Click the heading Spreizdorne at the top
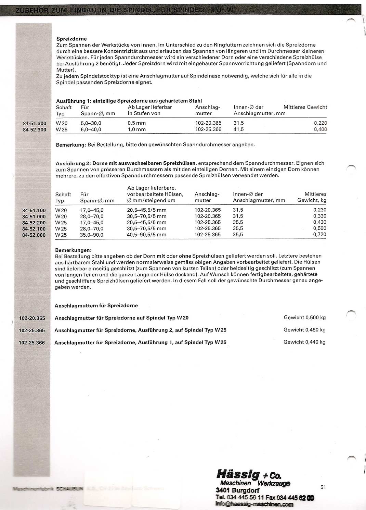pos(71,39)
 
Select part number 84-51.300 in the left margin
pos(34,123)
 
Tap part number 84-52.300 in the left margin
pos(34,129)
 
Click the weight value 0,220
pos(320,123)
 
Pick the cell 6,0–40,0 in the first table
pos(91,129)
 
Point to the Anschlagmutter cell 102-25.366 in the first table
pos(208,129)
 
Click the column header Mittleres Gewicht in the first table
pos(305,107)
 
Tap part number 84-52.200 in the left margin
pos(34,223)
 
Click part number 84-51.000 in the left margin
pos(34,216)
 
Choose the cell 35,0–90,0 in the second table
pos(92,235)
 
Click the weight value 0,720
pos(319,235)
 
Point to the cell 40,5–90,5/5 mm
pos(146,235)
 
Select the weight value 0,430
pos(319,222)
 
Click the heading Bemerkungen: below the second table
pos(73,250)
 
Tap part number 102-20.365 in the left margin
pos(32,318)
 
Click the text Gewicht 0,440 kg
pos(304,342)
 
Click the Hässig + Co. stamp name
pos(249,475)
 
